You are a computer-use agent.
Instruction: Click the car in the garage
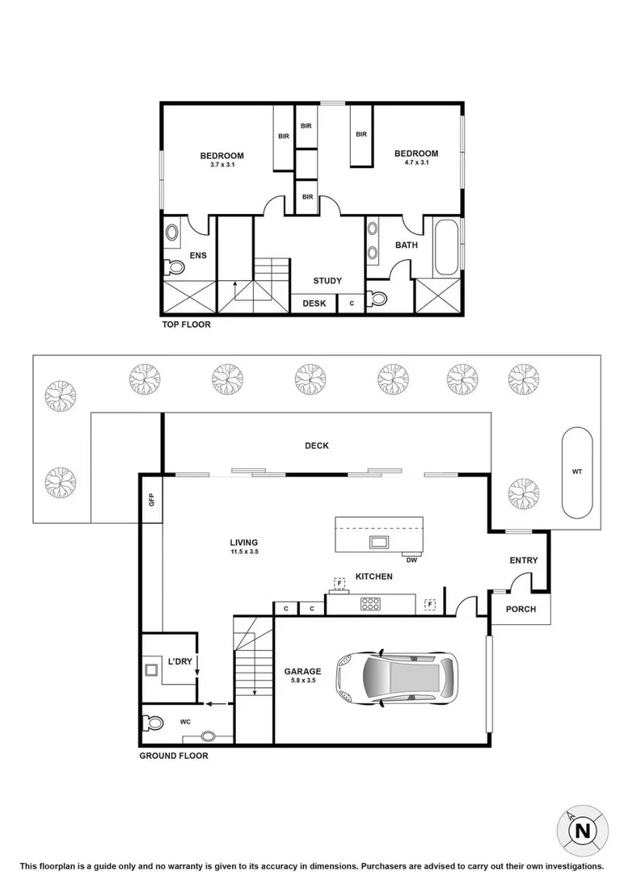396,677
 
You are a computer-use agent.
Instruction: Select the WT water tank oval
577,471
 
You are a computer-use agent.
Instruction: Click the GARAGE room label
302,671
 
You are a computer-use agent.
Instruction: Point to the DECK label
317,446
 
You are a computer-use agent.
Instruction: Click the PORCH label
521,609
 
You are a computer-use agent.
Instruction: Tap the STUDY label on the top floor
327,281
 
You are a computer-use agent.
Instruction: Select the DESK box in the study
314,304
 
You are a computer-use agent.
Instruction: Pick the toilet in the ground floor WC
152,723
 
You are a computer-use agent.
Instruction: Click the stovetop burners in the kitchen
370,602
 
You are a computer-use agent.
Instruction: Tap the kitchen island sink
378,540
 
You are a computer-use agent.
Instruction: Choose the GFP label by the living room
150,499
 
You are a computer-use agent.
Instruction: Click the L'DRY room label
179,662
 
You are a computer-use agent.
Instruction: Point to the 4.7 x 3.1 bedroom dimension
416,163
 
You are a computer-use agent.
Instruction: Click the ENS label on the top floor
198,256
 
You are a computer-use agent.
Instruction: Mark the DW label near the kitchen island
412,559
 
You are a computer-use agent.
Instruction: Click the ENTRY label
524,561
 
